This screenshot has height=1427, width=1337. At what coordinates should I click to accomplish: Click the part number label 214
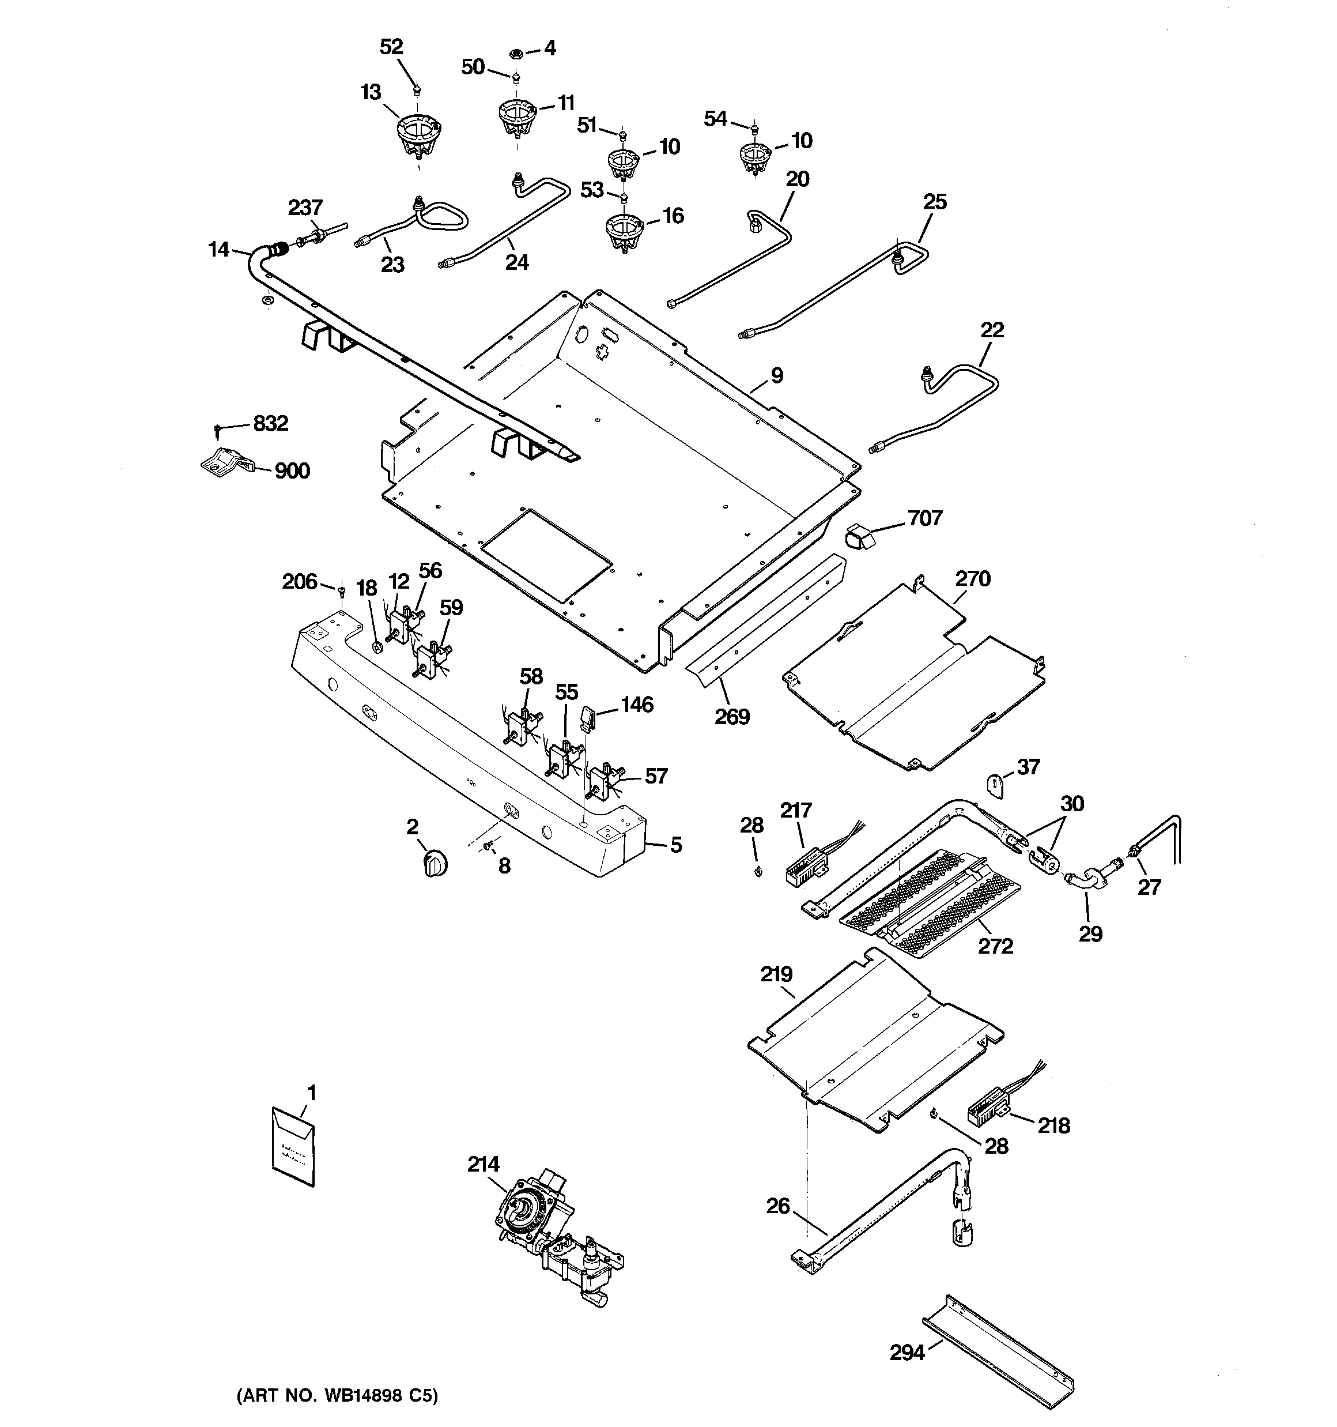tap(483, 1164)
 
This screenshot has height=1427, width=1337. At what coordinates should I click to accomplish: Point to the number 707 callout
tap(925, 518)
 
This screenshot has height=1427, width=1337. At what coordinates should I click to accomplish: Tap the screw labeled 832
tap(217, 429)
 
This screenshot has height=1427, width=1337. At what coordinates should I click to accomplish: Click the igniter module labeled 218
tap(988, 1114)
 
